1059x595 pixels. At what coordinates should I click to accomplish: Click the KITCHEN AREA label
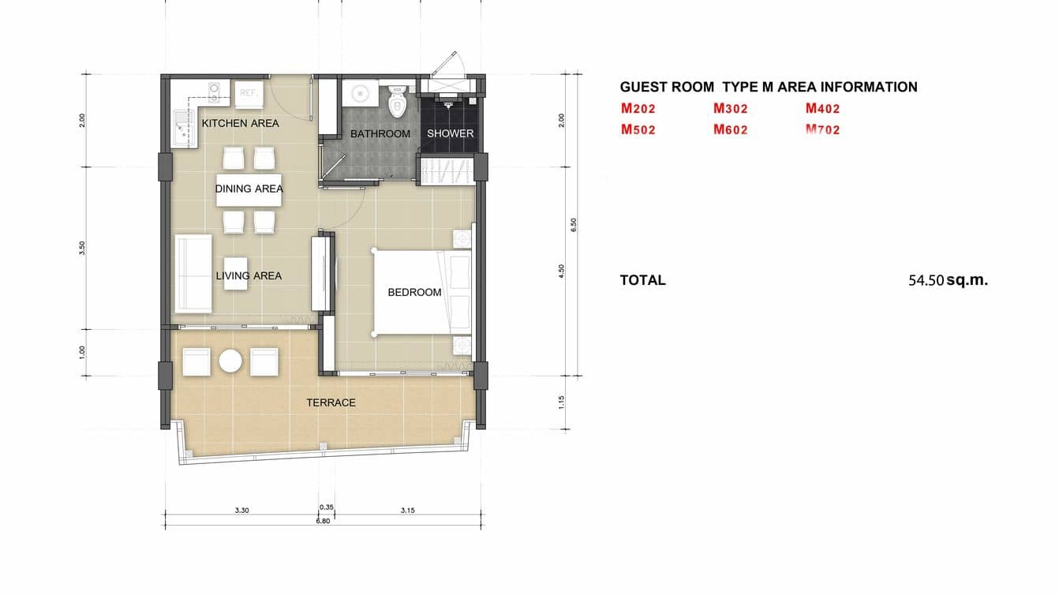tap(240, 123)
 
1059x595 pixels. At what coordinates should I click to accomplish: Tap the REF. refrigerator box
tap(249, 92)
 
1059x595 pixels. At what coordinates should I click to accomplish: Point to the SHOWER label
tap(451, 133)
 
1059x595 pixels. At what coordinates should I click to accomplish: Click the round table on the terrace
tap(230, 361)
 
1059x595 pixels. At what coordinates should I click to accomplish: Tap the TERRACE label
tap(331, 402)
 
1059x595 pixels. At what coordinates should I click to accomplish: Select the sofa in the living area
tap(192, 273)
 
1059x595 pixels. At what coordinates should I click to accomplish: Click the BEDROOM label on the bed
tap(414, 292)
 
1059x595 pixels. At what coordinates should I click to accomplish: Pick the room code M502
tap(638, 129)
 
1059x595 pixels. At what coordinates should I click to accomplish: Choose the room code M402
tap(822, 109)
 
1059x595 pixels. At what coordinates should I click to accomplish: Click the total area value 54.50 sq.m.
tap(948, 279)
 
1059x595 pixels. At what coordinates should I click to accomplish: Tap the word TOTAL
tap(642, 279)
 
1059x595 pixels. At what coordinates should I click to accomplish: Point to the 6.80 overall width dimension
tap(323, 521)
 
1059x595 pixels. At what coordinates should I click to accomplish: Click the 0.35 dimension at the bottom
tap(326, 507)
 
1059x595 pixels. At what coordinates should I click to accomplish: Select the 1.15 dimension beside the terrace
tap(561, 402)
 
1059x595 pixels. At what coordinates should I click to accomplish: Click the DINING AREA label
tap(249, 189)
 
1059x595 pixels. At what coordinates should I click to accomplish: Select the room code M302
tap(730, 109)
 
